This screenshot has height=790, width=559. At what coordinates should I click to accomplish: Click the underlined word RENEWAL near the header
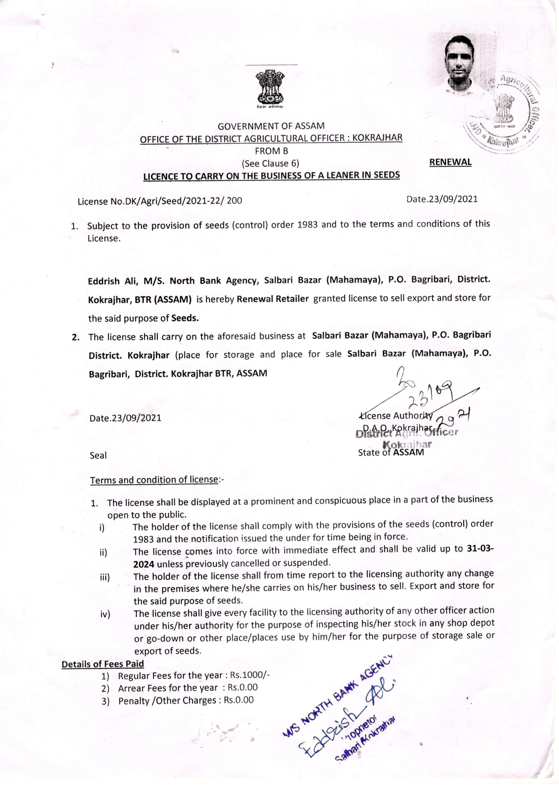point(450,162)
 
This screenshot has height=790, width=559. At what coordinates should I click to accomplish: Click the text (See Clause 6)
point(271,164)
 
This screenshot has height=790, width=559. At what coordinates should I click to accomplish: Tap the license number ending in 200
point(160,201)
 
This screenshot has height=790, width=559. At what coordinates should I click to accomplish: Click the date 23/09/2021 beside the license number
point(442,199)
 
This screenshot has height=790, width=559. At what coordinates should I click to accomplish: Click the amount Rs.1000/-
point(250,675)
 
